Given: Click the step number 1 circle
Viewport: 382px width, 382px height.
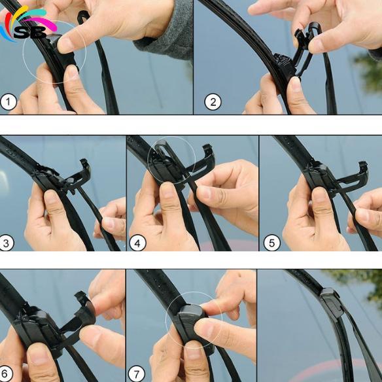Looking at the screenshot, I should coord(9,101).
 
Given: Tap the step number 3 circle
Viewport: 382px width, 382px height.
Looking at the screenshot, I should coord(7,243).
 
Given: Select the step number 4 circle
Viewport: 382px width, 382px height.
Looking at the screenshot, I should coord(137,243).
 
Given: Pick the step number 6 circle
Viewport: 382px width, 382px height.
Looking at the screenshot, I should coord(7,374).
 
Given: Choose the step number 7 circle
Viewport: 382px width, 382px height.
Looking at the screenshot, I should coord(137,374).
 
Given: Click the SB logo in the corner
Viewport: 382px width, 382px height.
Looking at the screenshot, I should coord(27,26).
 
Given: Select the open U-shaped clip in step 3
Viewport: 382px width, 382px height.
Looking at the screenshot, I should coord(77,173).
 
